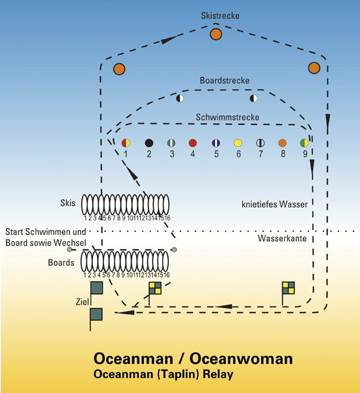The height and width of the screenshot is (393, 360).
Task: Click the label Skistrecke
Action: coord(220,16)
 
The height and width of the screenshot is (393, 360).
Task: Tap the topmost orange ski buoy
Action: coord(216,34)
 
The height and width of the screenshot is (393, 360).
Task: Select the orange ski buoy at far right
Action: coord(314,68)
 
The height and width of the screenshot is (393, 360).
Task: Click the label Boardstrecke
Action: coord(225,81)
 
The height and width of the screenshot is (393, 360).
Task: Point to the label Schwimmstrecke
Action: coord(228,117)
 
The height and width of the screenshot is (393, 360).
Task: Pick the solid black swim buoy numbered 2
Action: coord(149,143)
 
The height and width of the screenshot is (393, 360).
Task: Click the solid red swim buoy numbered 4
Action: coord(192,143)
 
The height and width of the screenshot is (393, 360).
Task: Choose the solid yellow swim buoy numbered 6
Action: coord(238,143)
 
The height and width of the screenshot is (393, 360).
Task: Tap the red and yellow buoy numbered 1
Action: coord(126,143)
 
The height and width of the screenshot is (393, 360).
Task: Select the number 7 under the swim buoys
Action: coord(261,154)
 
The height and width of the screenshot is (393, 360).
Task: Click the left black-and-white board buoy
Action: coord(180,98)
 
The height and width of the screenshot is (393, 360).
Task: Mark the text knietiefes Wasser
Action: coord(274,204)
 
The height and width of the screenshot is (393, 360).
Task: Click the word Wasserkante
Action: coord(282,238)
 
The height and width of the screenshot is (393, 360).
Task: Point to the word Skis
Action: coord(67,203)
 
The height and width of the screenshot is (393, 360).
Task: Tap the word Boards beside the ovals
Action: coord(61,263)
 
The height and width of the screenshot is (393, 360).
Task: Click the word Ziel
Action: coord(82,302)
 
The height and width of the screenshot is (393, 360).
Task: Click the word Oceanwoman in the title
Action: coord(241,359)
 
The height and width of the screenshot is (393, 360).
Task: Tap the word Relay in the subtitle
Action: coord(218,374)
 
